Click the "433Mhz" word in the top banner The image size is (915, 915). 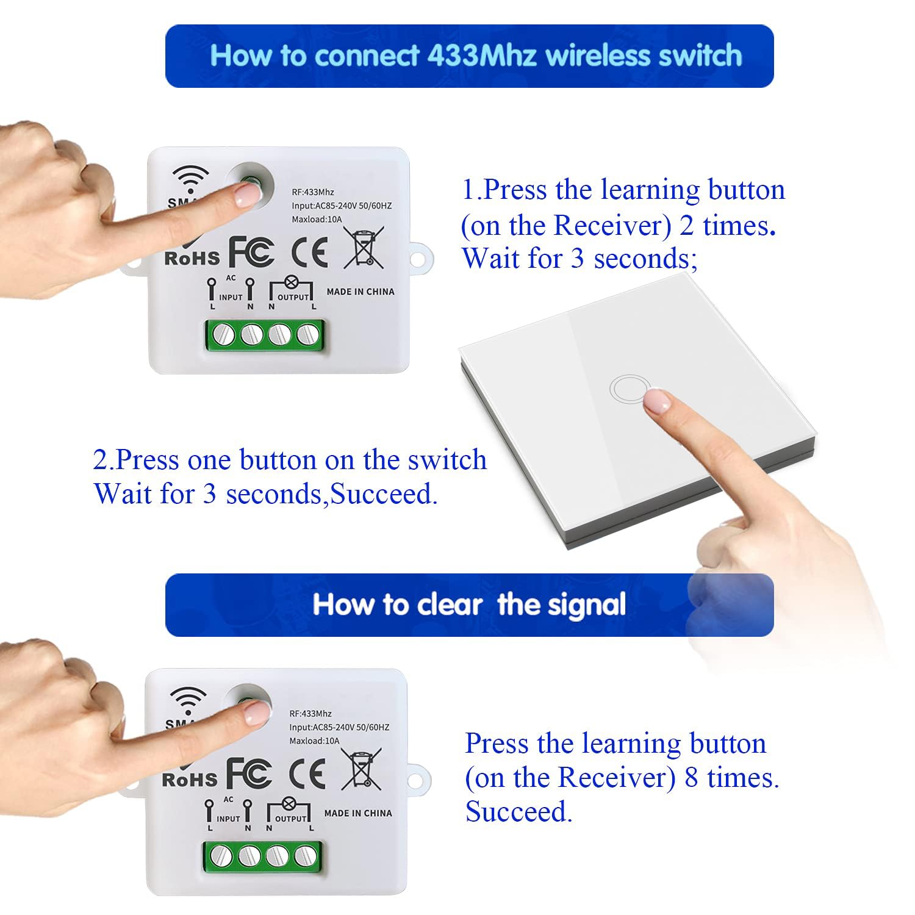click(482, 56)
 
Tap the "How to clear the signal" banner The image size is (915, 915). click(470, 605)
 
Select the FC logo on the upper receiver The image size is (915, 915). click(251, 251)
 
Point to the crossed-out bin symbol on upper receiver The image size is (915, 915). click(364, 246)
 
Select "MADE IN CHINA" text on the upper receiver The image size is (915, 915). click(361, 292)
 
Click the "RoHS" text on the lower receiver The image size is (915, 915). click(190, 779)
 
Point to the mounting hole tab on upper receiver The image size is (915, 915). click(417, 259)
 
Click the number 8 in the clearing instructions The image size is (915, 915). click(691, 778)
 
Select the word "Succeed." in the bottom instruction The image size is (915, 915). click(519, 812)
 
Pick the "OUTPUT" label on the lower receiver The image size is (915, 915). click(291, 819)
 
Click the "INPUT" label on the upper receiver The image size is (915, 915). click(231, 298)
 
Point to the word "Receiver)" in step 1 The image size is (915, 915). click(612, 226)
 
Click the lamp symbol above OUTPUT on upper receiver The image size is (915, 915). click(291, 282)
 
